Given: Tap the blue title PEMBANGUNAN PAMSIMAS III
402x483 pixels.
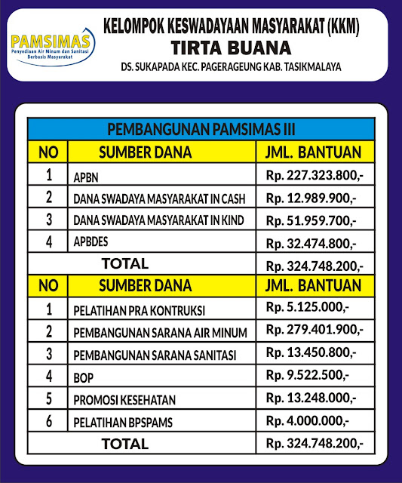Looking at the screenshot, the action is tap(201, 127).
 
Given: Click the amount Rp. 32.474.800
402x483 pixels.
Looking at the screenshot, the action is tap(311, 244).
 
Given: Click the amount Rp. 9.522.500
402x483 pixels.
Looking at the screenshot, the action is tap(307, 375).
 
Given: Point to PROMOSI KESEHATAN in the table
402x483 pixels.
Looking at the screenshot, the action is tap(124, 398).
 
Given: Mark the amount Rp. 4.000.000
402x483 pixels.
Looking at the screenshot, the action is tap(308, 420).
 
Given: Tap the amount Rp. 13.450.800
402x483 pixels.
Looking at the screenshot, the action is tap(311, 353).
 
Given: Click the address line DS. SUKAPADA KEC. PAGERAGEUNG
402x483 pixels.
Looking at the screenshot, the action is tap(231, 68).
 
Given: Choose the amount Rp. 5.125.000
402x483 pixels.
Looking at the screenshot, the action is tap(307, 309).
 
